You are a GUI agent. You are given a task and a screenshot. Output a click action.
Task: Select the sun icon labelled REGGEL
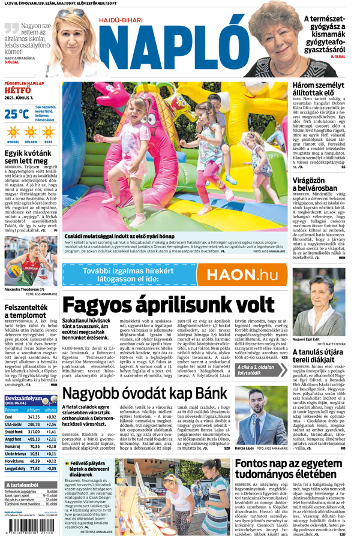13,132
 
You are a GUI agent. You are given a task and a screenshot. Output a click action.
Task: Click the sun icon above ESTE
48,132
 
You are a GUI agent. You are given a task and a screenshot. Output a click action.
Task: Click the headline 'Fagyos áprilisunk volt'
168,305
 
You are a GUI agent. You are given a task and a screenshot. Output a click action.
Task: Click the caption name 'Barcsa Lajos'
245,448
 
